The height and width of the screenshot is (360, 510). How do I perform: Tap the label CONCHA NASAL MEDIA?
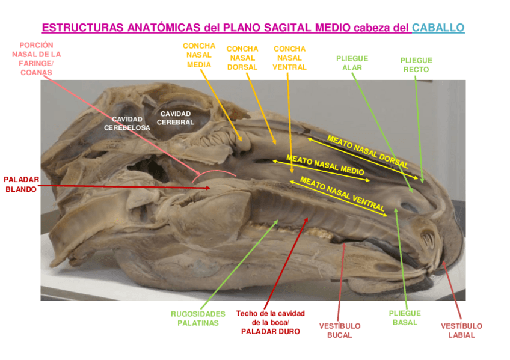click(198, 55)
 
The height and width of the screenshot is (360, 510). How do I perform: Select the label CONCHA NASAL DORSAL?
click(242, 58)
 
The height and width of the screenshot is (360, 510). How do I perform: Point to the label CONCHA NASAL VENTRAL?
click(289, 58)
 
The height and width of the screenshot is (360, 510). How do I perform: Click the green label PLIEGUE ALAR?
click(352, 63)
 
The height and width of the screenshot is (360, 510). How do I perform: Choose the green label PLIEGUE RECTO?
click(416, 65)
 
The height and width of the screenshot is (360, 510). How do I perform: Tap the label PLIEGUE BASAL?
click(405, 318)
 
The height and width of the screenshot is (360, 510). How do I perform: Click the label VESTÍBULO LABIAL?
click(461, 331)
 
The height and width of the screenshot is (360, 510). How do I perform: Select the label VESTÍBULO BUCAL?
click(340, 331)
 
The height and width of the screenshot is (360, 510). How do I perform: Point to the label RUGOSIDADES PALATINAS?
click(198, 319)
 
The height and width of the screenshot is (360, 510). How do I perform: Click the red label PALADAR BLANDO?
click(22, 185)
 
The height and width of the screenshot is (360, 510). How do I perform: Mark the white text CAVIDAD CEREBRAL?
click(176, 118)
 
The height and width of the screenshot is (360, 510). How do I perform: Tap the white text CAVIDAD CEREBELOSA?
click(127, 123)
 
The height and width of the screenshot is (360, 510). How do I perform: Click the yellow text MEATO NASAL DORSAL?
click(367, 151)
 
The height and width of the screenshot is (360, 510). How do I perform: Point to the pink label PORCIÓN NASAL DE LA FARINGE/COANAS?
click(36, 59)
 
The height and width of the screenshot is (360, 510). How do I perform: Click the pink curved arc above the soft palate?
click(214, 172)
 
